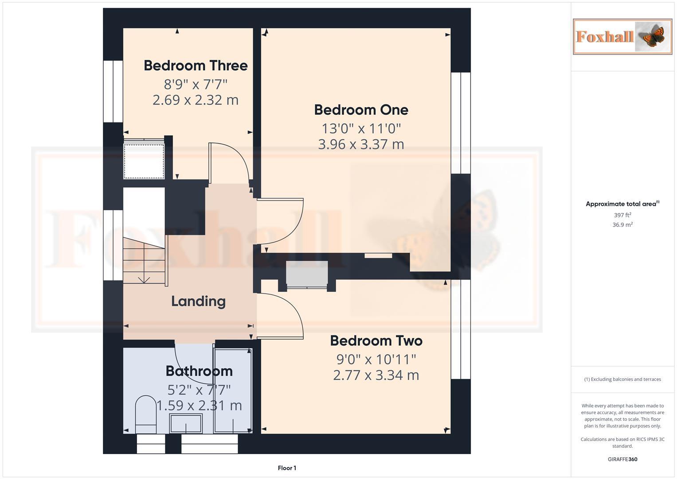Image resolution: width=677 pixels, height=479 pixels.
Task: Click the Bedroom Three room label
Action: point(196,66)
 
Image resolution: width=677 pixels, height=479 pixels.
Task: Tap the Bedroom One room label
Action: point(361,110)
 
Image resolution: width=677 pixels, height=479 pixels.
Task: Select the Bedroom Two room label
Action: point(376,341)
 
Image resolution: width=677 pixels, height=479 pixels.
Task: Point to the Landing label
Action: point(198,302)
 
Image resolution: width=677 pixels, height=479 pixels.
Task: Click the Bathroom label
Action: point(199,371)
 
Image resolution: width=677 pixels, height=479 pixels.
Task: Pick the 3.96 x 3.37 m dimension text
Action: point(361,144)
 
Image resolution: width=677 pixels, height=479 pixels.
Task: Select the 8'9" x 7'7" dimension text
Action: point(196,84)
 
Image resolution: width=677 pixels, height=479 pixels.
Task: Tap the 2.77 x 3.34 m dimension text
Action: point(376,375)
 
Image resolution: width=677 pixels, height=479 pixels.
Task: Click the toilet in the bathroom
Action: point(145,415)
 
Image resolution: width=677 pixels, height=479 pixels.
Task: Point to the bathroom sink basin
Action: point(186,423)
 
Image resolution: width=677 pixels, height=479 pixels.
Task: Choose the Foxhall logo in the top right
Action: point(622,36)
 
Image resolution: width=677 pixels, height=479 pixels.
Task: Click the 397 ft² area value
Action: point(622,215)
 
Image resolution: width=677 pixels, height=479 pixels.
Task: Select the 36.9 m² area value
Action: point(622,225)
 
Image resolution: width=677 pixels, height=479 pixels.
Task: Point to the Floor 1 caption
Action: point(287,468)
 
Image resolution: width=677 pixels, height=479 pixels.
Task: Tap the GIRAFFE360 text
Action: point(622,459)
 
